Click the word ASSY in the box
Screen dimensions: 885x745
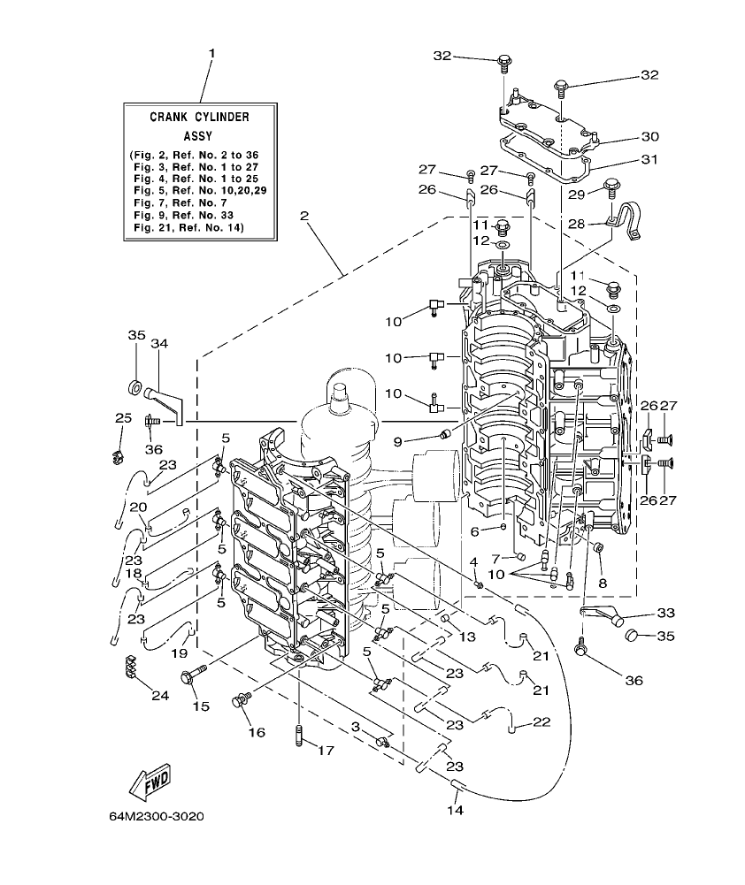(x=198, y=136)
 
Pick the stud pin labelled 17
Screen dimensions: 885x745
(x=299, y=735)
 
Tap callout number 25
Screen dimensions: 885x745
(x=122, y=417)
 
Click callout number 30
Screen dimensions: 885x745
(x=650, y=136)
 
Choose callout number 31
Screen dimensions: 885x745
(x=650, y=160)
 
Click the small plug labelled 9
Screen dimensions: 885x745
(x=445, y=433)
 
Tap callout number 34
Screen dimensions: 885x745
(x=159, y=343)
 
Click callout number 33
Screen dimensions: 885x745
(x=665, y=613)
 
